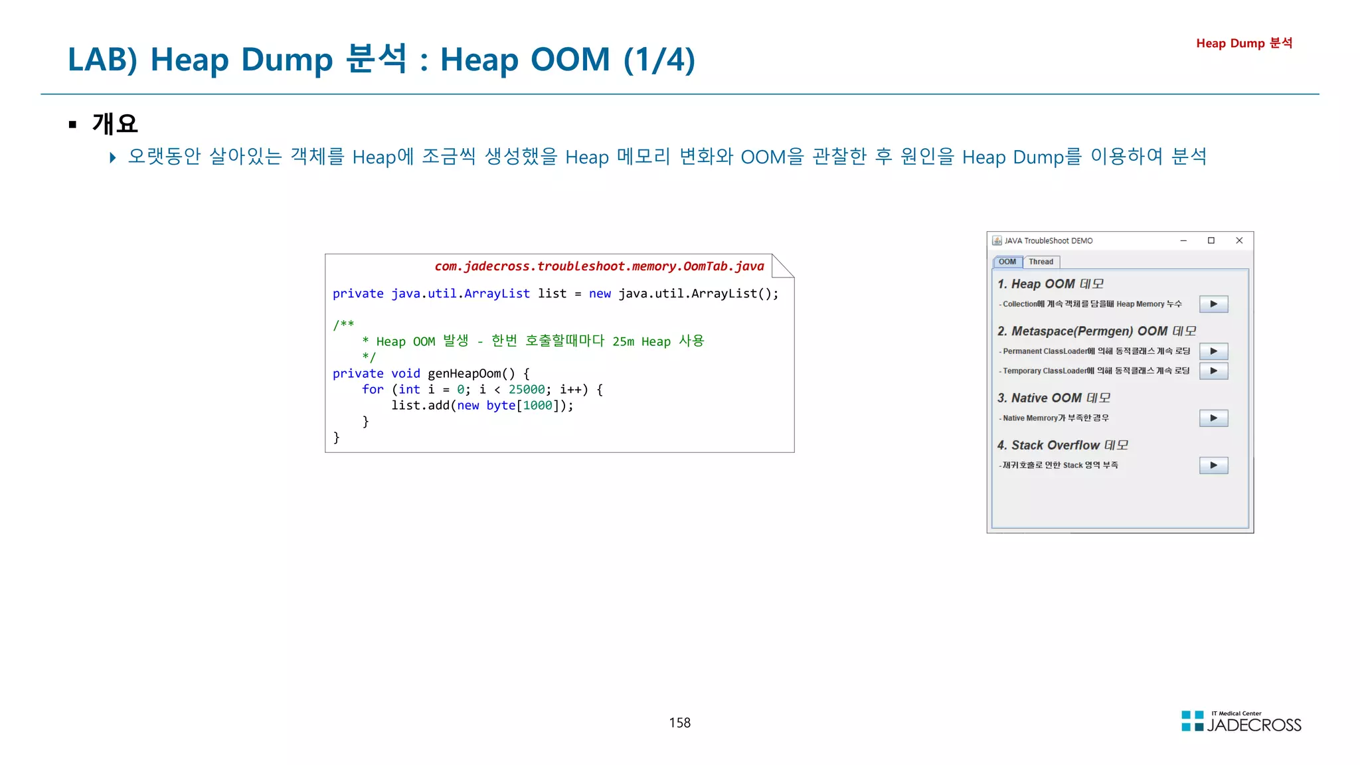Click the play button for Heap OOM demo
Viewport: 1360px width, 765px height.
[x=1213, y=304]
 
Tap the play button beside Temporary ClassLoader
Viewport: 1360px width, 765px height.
[x=1213, y=371]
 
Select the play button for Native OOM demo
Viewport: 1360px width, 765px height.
[x=1213, y=418]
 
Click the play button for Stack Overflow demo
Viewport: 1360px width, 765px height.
[x=1213, y=466]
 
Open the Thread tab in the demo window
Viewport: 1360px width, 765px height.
[x=1041, y=262]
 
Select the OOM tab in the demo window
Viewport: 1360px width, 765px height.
[x=1007, y=262]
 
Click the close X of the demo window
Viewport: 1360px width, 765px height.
[x=1239, y=240]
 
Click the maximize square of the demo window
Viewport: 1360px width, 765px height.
[x=1211, y=240]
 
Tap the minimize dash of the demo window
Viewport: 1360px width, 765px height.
[x=1183, y=240]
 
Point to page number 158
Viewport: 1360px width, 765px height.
[x=679, y=722]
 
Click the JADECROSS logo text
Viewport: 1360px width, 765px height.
[x=1254, y=725]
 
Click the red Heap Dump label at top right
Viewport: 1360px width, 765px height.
[x=1244, y=43]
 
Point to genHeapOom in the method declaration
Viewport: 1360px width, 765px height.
[x=464, y=374]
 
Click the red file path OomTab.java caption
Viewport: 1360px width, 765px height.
[x=599, y=266]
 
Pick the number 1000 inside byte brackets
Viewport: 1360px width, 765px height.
[x=537, y=406]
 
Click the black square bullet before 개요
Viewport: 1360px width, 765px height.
[x=72, y=124]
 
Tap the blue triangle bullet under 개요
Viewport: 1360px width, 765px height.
[x=113, y=157]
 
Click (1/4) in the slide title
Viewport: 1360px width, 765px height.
[x=659, y=60]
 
